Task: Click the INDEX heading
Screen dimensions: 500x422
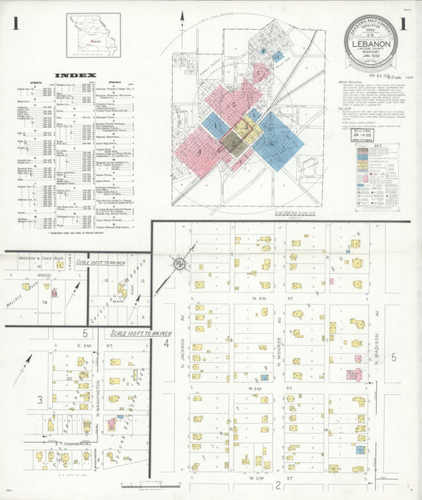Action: (75, 75)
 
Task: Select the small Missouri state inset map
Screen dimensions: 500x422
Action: (93, 36)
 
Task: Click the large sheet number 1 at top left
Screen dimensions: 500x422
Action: (16, 25)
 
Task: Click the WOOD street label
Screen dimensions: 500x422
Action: (44, 275)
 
